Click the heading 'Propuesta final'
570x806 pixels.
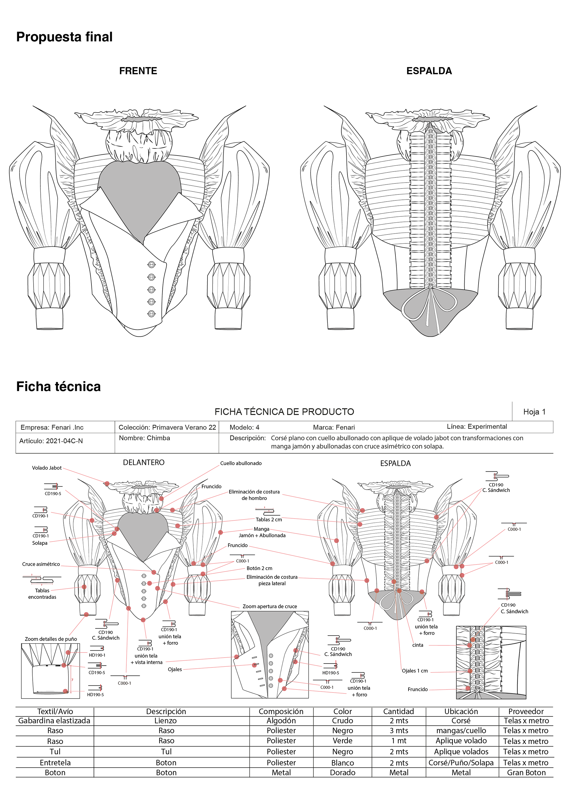(64, 37)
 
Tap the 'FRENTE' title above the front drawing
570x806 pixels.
(138, 71)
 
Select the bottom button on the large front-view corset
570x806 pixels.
(151, 314)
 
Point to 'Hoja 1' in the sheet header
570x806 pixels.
(534, 412)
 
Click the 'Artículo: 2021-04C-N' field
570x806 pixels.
(51, 441)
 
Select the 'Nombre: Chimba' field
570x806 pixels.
(144, 438)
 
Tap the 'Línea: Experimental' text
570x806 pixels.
(477, 427)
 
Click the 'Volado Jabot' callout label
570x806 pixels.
(47, 468)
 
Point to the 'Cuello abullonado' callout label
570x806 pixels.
(241, 463)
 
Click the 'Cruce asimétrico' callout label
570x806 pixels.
(41, 564)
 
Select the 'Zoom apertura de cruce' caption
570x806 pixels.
(270, 606)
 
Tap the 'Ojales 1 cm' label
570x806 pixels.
(415, 671)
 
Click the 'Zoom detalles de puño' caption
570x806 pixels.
(51, 639)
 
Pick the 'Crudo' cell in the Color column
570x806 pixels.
(343, 721)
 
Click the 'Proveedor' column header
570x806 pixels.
(526, 711)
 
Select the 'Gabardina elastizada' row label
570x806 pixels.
(54, 721)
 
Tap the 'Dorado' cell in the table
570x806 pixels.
(343, 773)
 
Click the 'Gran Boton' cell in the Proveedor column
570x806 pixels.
(526, 773)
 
